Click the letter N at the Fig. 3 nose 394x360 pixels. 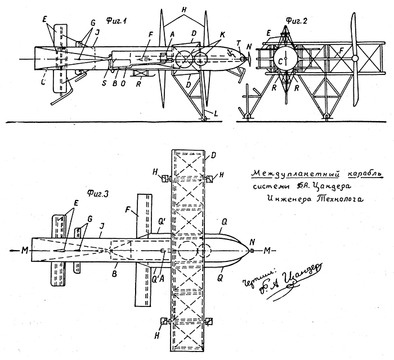click(x=252, y=241)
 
